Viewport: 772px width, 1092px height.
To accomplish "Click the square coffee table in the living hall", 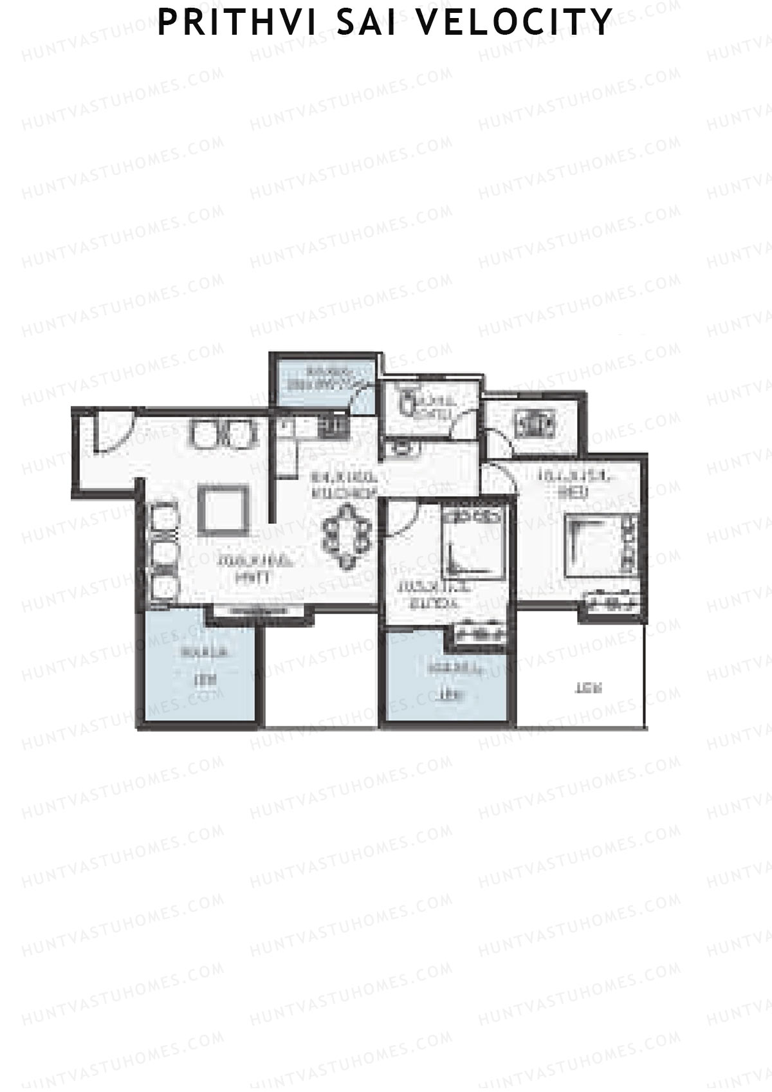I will point(223,509).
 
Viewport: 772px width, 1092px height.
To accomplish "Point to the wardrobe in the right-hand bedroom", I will point(611,603).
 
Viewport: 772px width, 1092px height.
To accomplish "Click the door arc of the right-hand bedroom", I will point(499,479).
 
